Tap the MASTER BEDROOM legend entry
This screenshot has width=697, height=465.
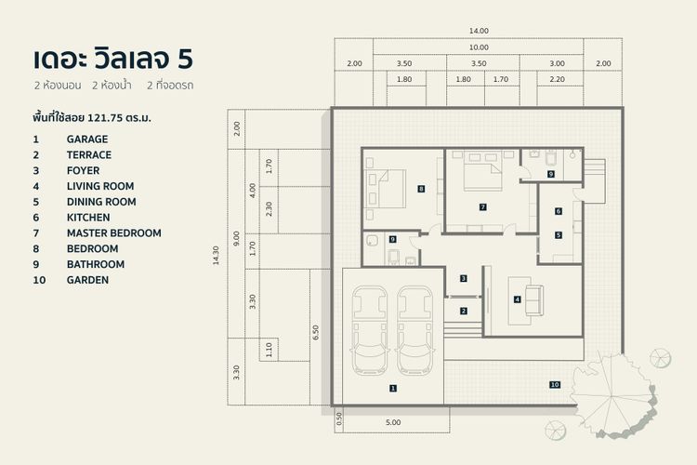pos(113,233)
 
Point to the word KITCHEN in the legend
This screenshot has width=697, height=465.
pos(88,218)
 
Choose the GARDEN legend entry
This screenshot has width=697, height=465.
pos(87,280)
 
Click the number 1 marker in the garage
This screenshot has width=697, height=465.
pos(392,388)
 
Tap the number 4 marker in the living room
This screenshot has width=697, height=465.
pos(517,299)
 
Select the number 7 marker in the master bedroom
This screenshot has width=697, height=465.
pos(483,206)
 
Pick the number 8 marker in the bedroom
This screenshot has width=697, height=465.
pos(421,189)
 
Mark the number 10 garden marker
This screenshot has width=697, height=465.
pos(555,384)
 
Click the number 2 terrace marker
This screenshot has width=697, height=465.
pos(464,311)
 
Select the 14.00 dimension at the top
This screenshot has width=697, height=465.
pos(479,31)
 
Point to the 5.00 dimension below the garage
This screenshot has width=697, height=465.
pos(393,422)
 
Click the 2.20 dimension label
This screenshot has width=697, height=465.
pos(558,80)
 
